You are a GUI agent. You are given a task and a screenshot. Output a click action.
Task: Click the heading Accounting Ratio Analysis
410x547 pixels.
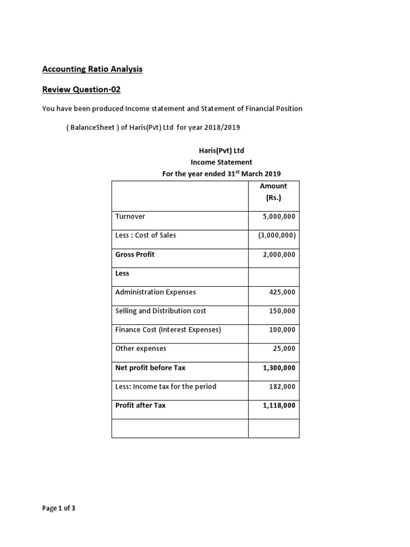92,69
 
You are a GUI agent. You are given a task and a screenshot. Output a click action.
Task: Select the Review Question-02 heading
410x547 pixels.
85,89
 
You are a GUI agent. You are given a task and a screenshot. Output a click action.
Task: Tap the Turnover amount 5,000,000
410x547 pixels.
279,217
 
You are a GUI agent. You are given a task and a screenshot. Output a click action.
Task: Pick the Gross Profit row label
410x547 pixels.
135,254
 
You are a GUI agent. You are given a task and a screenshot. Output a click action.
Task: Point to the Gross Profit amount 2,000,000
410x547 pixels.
279,255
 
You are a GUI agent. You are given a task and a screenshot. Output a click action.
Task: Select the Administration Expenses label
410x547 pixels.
155,292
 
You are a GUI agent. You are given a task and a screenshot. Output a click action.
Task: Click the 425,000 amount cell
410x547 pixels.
283,292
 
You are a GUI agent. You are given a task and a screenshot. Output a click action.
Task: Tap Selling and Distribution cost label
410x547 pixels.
161,311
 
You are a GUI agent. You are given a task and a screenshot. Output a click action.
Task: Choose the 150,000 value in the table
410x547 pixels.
283,311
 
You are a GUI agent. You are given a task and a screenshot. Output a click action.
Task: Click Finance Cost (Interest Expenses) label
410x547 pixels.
168,330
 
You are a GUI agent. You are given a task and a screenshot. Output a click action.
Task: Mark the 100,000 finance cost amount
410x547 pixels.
283,330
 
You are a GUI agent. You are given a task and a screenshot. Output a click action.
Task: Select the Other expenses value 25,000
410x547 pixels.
285,349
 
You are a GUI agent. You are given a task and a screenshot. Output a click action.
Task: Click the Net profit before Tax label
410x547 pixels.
150,368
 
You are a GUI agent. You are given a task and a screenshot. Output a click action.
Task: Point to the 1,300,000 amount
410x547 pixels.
279,368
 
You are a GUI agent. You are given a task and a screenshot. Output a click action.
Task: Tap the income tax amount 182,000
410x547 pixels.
283,387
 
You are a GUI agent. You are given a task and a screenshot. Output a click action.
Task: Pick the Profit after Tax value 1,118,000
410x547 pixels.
279,405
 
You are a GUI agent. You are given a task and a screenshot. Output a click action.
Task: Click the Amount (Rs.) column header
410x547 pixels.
273,192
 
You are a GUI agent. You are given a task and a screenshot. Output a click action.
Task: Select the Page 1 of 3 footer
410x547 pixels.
59,509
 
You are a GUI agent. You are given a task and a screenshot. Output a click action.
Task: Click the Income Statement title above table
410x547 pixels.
221,162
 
